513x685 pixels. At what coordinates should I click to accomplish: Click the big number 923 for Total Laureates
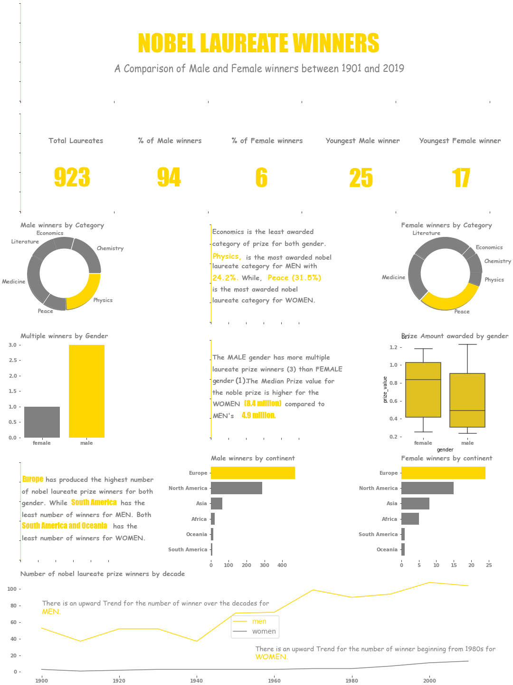click(x=72, y=178)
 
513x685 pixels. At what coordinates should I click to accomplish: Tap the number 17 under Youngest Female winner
click(x=461, y=178)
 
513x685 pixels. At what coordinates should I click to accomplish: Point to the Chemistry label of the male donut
click(x=110, y=248)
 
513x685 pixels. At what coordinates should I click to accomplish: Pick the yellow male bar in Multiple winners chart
click(x=86, y=391)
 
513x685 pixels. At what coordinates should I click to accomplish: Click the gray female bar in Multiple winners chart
click(x=42, y=422)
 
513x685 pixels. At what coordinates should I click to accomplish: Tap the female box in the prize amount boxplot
click(x=423, y=390)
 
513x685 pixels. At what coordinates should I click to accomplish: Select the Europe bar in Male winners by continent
click(x=253, y=473)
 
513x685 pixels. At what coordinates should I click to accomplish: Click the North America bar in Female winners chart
click(x=427, y=488)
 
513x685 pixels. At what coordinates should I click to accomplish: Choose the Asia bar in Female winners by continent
click(x=415, y=503)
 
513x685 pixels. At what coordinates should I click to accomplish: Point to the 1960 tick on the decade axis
click(x=274, y=681)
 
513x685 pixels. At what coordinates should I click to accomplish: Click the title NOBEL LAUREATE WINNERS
click(x=258, y=43)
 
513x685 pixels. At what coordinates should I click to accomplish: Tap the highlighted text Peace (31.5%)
click(x=294, y=278)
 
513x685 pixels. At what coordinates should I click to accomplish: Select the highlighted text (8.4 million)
click(x=263, y=404)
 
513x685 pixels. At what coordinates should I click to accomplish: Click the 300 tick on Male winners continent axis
click(x=265, y=565)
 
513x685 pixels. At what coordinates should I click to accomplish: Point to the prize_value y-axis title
click(x=385, y=390)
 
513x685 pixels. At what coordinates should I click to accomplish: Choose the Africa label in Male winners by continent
click(x=199, y=519)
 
